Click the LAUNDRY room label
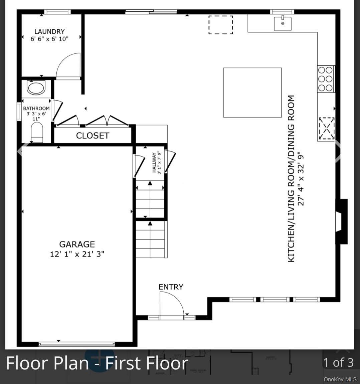pos(49,32)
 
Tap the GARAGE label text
pos(77,244)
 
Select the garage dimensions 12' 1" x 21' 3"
pos(77,254)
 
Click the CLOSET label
pos(93,135)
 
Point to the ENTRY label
pos(171,287)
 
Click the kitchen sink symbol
pos(283,23)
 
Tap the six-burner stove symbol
pos(325,79)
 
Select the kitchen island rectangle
pos(252,93)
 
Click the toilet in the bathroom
pos(37,132)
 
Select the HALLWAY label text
pos(154,163)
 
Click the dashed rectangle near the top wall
pos(220,25)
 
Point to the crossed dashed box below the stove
pos(326,128)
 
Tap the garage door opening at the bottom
pos(76,344)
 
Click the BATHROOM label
pos(36,108)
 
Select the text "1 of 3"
pos(338,362)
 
